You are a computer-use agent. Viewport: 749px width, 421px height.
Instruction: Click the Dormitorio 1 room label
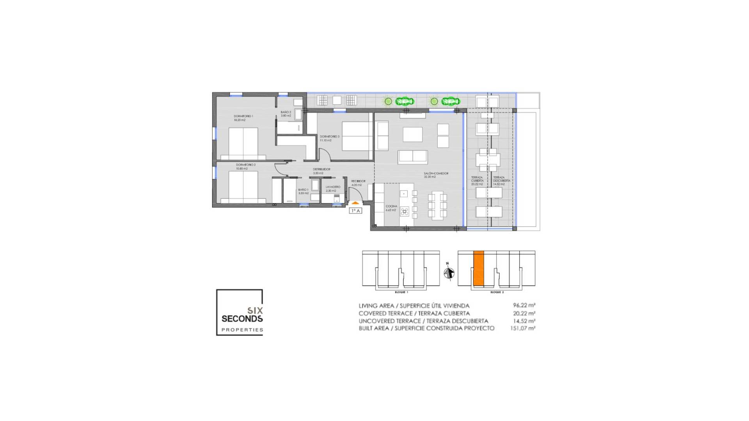(x=243, y=116)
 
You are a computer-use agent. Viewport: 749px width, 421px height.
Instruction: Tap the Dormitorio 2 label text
(x=245, y=165)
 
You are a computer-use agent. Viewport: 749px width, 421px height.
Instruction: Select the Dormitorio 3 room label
(x=329, y=137)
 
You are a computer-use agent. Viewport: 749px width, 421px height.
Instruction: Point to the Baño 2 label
(x=286, y=112)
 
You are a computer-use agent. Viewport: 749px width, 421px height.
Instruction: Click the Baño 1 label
(x=303, y=190)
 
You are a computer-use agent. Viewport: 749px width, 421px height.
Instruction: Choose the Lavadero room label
(x=333, y=187)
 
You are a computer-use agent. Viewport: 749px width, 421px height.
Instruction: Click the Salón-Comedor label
(x=436, y=173)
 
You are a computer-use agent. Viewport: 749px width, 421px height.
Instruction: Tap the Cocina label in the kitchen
(x=391, y=207)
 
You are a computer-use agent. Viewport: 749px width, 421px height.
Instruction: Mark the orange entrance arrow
(x=355, y=203)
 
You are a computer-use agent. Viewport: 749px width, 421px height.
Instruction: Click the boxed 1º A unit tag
(x=355, y=211)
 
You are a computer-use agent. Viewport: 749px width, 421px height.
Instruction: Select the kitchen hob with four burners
(x=405, y=212)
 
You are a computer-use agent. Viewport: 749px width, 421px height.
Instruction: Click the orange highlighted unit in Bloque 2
(x=478, y=268)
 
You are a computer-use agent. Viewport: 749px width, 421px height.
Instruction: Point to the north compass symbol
(x=449, y=273)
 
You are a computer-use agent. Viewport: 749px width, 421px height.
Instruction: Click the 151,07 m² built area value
(x=522, y=328)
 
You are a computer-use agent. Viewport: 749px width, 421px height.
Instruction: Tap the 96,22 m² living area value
(x=524, y=306)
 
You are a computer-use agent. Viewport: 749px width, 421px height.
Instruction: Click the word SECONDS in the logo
(x=242, y=318)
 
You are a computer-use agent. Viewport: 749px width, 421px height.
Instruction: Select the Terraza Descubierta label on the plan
(x=501, y=179)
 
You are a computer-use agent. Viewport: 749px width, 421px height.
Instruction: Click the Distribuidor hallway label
(x=321, y=169)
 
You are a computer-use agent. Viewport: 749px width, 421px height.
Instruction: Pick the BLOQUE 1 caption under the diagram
(x=401, y=292)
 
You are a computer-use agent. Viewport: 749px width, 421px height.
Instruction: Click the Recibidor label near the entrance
(x=358, y=181)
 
